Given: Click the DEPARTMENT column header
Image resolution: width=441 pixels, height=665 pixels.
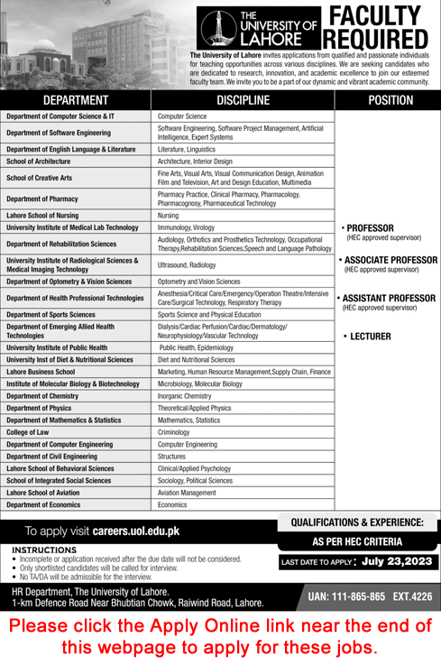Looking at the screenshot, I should coord(76,100).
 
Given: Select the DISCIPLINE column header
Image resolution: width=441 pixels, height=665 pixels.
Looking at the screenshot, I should coord(243,100).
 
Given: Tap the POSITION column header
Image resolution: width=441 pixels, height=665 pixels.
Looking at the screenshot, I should coord(390,100).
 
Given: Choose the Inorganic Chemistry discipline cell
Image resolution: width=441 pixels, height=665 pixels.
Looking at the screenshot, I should coord(184,395).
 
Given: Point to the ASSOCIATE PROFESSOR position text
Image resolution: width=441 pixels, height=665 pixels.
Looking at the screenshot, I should coord(390,260).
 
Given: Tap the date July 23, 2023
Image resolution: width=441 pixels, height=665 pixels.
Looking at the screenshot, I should coord(399,562).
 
